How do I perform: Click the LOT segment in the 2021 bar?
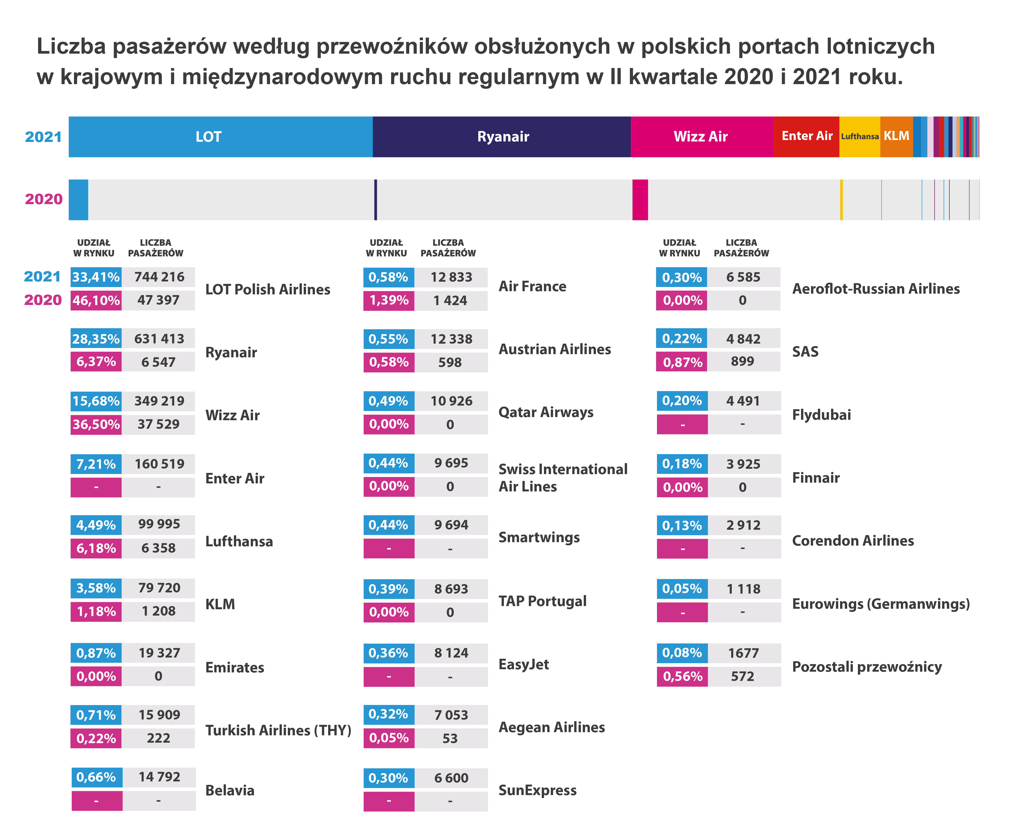tap(220, 137)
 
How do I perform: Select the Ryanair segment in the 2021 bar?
tap(501, 137)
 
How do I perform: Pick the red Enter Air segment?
tap(806, 137)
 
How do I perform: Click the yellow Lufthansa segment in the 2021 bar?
tap(859, 137)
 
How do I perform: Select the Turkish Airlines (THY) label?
tap(278, 730)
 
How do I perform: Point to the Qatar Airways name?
tap(545, 412)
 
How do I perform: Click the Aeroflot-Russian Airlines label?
tap(875, 289)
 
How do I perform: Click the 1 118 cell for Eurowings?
tap(743, 589)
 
